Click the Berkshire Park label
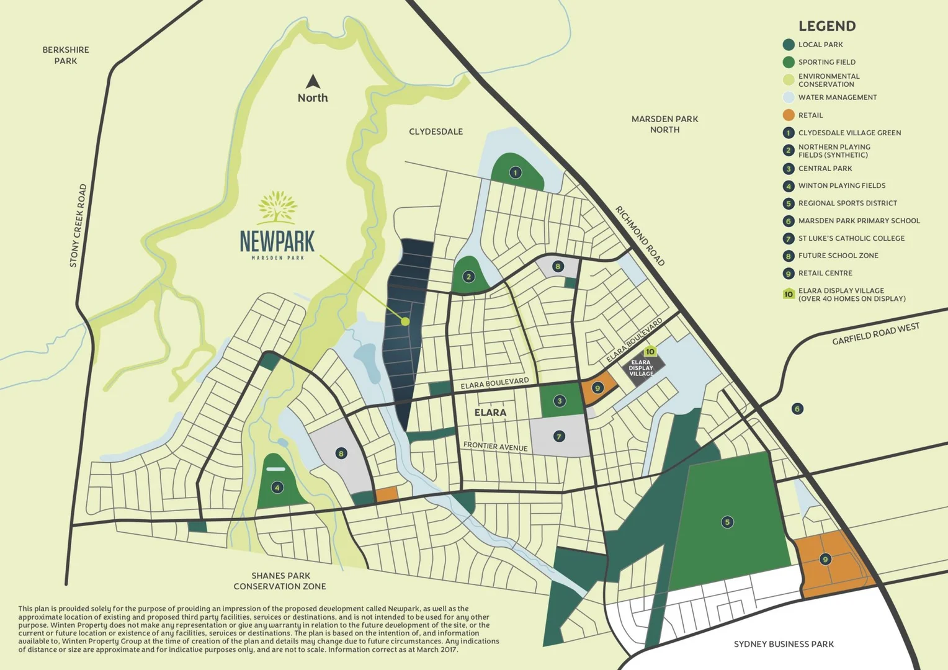coord(66,55)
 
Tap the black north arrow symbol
coord(313,82)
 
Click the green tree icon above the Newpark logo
coord(277,207)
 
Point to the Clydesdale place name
coord(436,132)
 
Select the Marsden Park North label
coord(664,124)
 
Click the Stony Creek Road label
coord(78,226)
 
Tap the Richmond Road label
coord(640,236)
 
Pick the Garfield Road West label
coord(875,334)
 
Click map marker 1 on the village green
coord(515,172)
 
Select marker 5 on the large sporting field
coord(727,522)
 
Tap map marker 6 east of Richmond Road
coord(797,409)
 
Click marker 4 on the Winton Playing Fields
coord(277,488)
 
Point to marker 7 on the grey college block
coord(559,437)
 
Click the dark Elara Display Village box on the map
coord(642,368)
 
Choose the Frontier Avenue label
coord(495,446)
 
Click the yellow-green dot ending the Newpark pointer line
coord(405,321)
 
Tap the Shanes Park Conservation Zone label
coord(280,581)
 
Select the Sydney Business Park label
coord(784,644)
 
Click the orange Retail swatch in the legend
coord(789,115)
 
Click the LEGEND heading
coord(826,26)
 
